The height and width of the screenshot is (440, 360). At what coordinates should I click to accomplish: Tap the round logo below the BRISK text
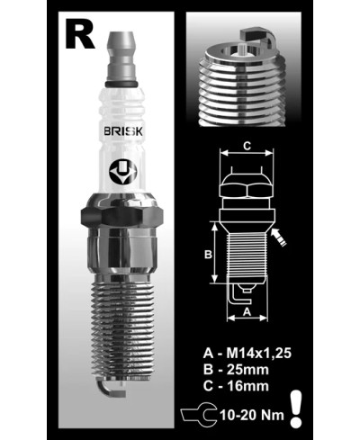point(121,170)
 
